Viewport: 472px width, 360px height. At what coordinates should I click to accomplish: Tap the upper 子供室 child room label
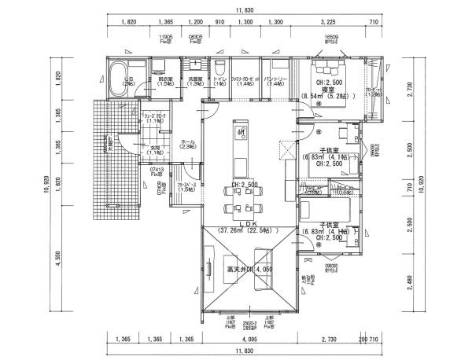[x=328, y=150]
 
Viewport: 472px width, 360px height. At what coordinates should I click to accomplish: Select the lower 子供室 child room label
[x=328, y=224]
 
